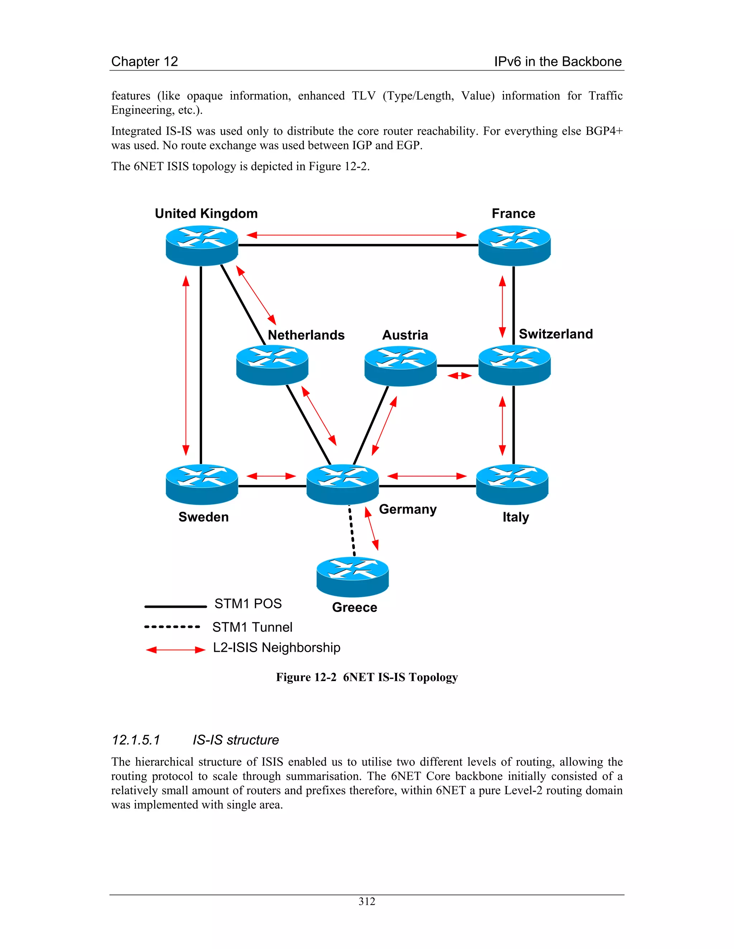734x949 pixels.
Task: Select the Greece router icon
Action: coord(352,577)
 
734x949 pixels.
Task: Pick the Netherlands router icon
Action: coord(272,365)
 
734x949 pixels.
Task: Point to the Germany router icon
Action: coord(343,484)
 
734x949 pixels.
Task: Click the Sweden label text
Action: coord(204,517)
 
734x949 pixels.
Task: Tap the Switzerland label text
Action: coord(556,334)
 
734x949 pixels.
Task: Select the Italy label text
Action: coord(516,517)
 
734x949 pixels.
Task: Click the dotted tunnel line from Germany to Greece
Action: coord(352,531)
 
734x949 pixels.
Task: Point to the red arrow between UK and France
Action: coord(357,235)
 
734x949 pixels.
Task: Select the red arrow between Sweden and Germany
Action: coord(271,476)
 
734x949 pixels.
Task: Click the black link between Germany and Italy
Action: coord(427,486)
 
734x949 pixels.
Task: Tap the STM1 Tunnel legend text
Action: coord(252,627)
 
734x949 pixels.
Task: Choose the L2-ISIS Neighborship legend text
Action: coord(277,647)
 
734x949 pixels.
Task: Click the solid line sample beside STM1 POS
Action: coord(175,606)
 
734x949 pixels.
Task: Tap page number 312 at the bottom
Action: coord(367,902)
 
